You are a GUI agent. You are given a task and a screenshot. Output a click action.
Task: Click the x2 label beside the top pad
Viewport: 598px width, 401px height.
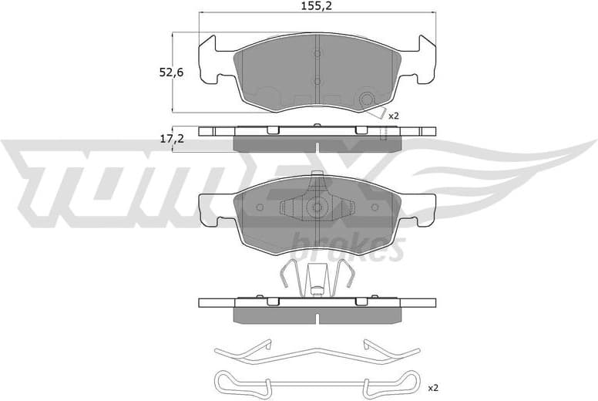(x=394, y=116)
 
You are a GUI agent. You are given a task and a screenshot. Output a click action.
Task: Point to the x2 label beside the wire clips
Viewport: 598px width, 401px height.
(x=432, y=387)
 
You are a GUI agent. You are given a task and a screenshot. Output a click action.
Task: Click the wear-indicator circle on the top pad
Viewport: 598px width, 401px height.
(x=367, y=99)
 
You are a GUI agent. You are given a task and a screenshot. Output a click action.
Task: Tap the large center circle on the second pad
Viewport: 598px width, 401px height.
(x=317, y=207)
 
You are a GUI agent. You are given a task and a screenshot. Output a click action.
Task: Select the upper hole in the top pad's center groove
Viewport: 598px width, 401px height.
(x=317, y=52)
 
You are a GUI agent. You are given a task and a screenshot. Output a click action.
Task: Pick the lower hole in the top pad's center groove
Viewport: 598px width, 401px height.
(x=317, y=80)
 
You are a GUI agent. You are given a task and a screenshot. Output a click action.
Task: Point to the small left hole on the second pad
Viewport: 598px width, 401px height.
(x=259, y=207)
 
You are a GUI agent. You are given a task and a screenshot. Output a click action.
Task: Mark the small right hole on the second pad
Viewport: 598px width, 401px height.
(x=375, y=207)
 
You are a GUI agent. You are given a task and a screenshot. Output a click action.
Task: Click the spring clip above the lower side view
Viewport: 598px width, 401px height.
(x=317, y=278)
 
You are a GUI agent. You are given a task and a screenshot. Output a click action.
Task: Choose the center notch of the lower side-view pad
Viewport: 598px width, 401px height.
(x=317, y=316)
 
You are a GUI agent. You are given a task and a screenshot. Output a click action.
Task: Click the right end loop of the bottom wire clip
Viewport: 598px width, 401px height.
(x=412, y=382)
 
